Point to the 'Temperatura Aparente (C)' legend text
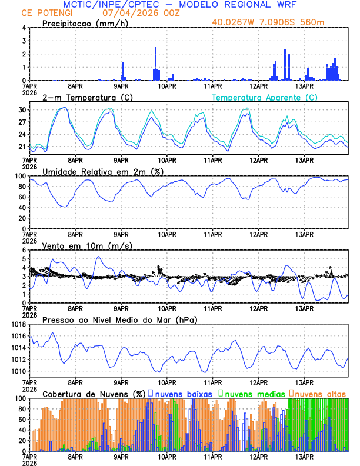[265, 97]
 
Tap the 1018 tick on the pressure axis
[19, 324]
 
